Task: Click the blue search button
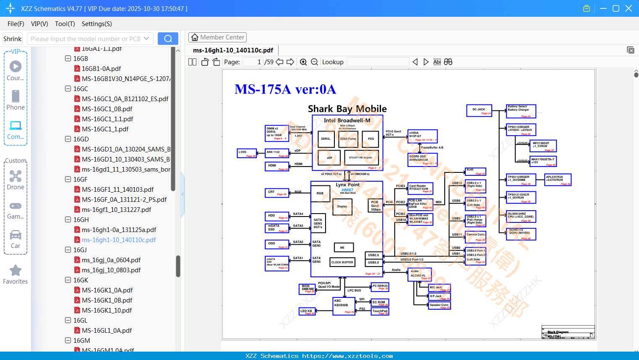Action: pos(168,39)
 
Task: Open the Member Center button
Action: pos(217,37)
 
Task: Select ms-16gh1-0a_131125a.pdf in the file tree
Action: pos(119,230)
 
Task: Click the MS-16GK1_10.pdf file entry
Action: pos(107,310)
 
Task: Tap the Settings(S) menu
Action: pos(97,24)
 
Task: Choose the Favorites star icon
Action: pos(16,271)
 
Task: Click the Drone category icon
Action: pos(16,176)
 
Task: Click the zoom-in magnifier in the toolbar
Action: pos(303,62)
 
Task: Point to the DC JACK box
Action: pos(479,110)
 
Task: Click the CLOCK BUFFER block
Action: pos(342,262)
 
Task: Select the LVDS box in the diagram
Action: pos(246,154)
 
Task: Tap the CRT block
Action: pos(277,193)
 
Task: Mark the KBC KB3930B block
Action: pos(344,305)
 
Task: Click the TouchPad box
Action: pos(380,311)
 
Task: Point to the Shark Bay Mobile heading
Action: pos(347,109)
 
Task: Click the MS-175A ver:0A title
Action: pos(285,89)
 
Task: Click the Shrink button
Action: pos(12,39)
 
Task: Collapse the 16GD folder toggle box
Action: pos(68,139)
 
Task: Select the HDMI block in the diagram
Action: pos(277,166)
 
